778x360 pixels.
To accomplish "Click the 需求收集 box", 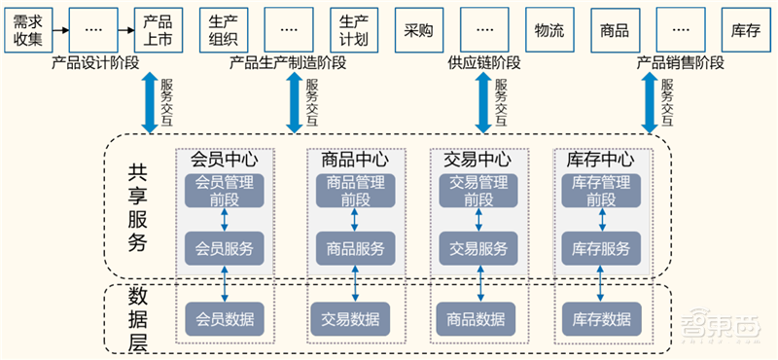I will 26,30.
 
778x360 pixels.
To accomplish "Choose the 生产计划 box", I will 354,30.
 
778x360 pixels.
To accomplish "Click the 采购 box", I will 418,30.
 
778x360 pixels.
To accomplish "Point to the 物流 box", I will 549,30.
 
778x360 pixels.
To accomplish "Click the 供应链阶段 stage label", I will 483,63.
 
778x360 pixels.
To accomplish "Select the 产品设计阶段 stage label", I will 95,63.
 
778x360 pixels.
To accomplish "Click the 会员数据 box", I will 225,318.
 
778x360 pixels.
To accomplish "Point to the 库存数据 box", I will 601,318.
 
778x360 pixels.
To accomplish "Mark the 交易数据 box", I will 353,318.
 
